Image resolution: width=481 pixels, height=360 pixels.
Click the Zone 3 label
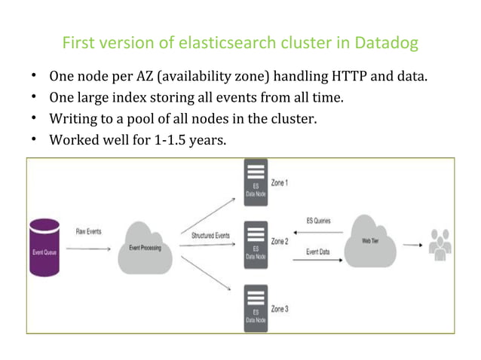tap(280, 309)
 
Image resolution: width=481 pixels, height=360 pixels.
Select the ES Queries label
tap(316, 221)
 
